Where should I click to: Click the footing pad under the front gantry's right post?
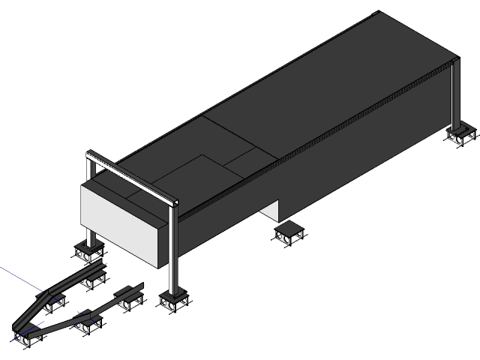(175, 301)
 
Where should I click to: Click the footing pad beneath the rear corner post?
(460, 135)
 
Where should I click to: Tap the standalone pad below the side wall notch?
(288, 233)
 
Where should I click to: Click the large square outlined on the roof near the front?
(202, 172)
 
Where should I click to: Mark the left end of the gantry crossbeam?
(89, 155)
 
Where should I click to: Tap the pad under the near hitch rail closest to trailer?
(130, 301)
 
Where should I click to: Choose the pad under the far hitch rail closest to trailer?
(93, 280)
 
